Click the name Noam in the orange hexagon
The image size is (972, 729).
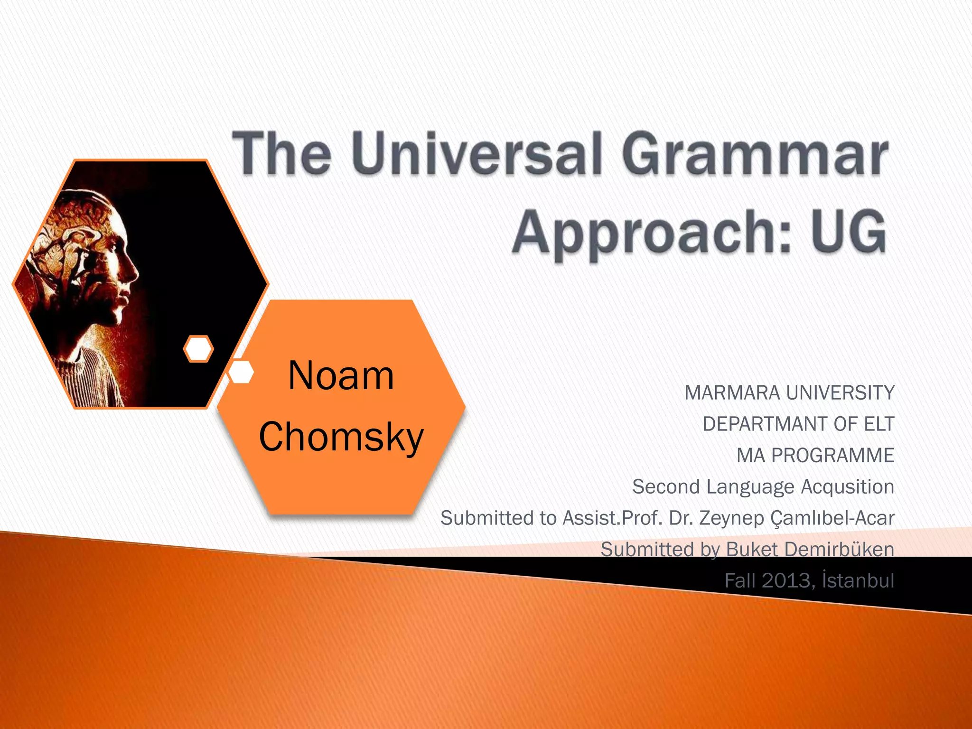341,376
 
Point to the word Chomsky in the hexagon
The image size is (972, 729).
341,437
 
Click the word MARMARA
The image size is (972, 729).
732,393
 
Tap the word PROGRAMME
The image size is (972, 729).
832,456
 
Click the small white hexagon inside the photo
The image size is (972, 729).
198,349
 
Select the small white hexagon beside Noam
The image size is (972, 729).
241,372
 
